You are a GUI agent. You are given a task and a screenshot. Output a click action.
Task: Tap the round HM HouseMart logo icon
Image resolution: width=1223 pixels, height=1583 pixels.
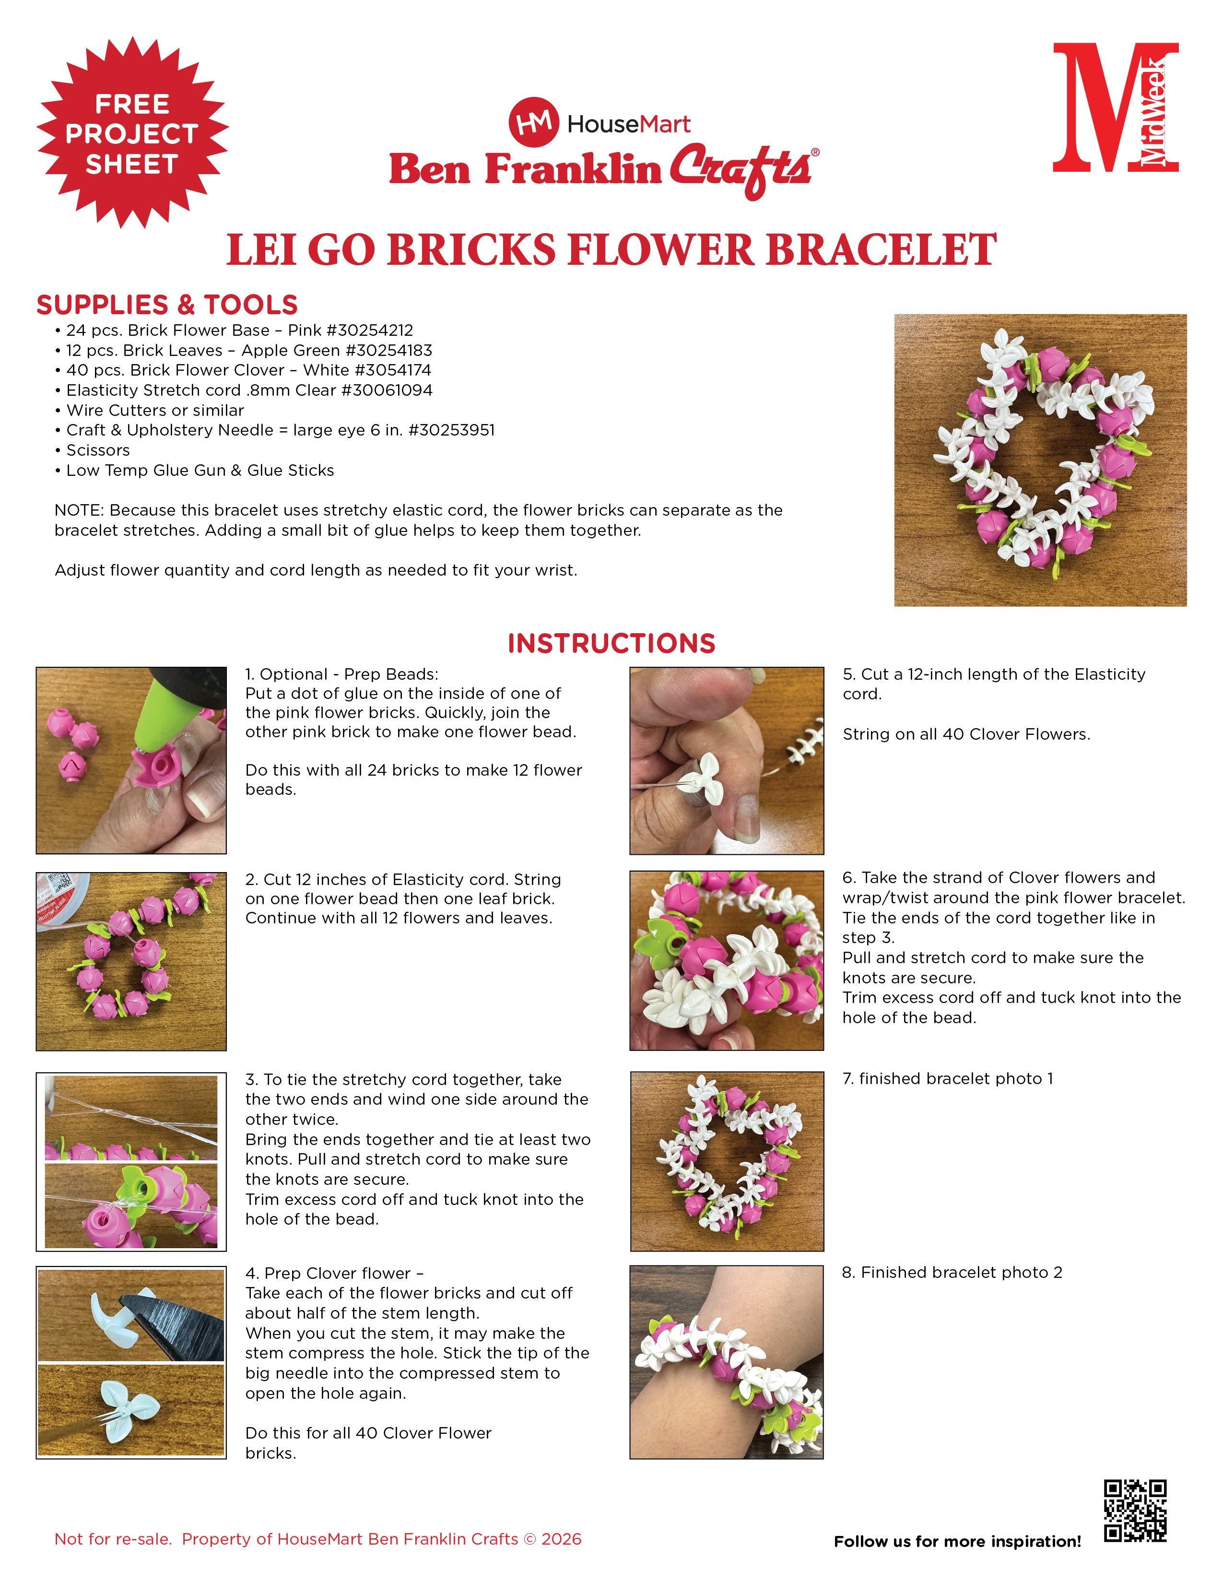(533, 122)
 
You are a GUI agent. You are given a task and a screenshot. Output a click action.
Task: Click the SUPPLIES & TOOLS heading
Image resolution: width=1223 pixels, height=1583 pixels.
(167, 305)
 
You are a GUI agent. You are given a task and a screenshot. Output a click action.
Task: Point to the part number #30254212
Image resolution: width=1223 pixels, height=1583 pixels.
(369, 331)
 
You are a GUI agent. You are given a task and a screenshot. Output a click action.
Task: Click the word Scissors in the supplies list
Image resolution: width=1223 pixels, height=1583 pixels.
(98, 450)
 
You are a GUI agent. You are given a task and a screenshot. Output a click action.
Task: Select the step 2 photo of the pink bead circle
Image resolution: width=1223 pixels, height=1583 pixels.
(131, 961)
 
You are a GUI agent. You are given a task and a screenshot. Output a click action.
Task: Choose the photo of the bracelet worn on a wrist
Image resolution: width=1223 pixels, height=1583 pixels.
(727, 1362)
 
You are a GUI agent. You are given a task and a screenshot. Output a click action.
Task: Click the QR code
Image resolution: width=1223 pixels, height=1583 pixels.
(1135, 1511)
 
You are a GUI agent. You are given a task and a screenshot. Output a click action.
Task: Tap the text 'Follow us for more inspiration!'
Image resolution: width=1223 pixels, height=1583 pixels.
(957, 1541)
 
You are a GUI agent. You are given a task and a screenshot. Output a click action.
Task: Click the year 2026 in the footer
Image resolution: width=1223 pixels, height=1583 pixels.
(562, 1539)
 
